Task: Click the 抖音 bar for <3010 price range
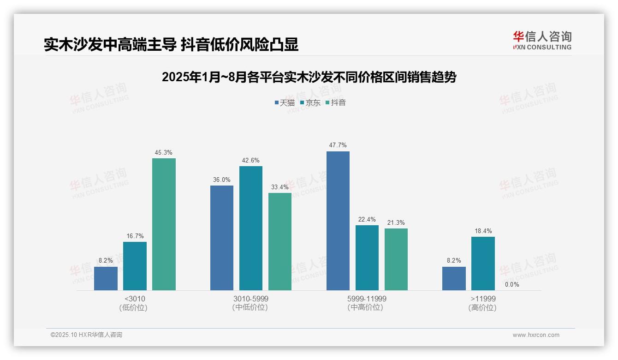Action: (x=164, y=224)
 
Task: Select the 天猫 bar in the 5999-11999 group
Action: (x=338, y=221)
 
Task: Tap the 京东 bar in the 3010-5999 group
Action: (x=250, y=228)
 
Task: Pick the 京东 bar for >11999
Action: (x=483, y=264)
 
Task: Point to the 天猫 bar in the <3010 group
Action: (x=106, y=278)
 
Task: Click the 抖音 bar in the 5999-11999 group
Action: (x=396, y=259)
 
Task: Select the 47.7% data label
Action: (x=338, y=145)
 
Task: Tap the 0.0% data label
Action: (x=511, y=285)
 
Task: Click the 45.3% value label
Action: (x=164, y=153)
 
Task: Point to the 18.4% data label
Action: (x=483, y=231)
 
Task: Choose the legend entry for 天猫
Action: (x=285, y=103)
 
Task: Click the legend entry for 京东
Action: (x=310, y=103)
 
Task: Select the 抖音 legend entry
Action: (x=336, y=103)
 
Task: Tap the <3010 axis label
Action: (x=135, y=299)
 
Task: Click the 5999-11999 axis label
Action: (x=367, y=299)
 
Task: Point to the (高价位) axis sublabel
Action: (x=482, y=308)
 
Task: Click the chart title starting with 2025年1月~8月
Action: (x=309, y=78)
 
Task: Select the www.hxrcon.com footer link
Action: (x=536, y=335)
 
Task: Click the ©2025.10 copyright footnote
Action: (x=86, y=335)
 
